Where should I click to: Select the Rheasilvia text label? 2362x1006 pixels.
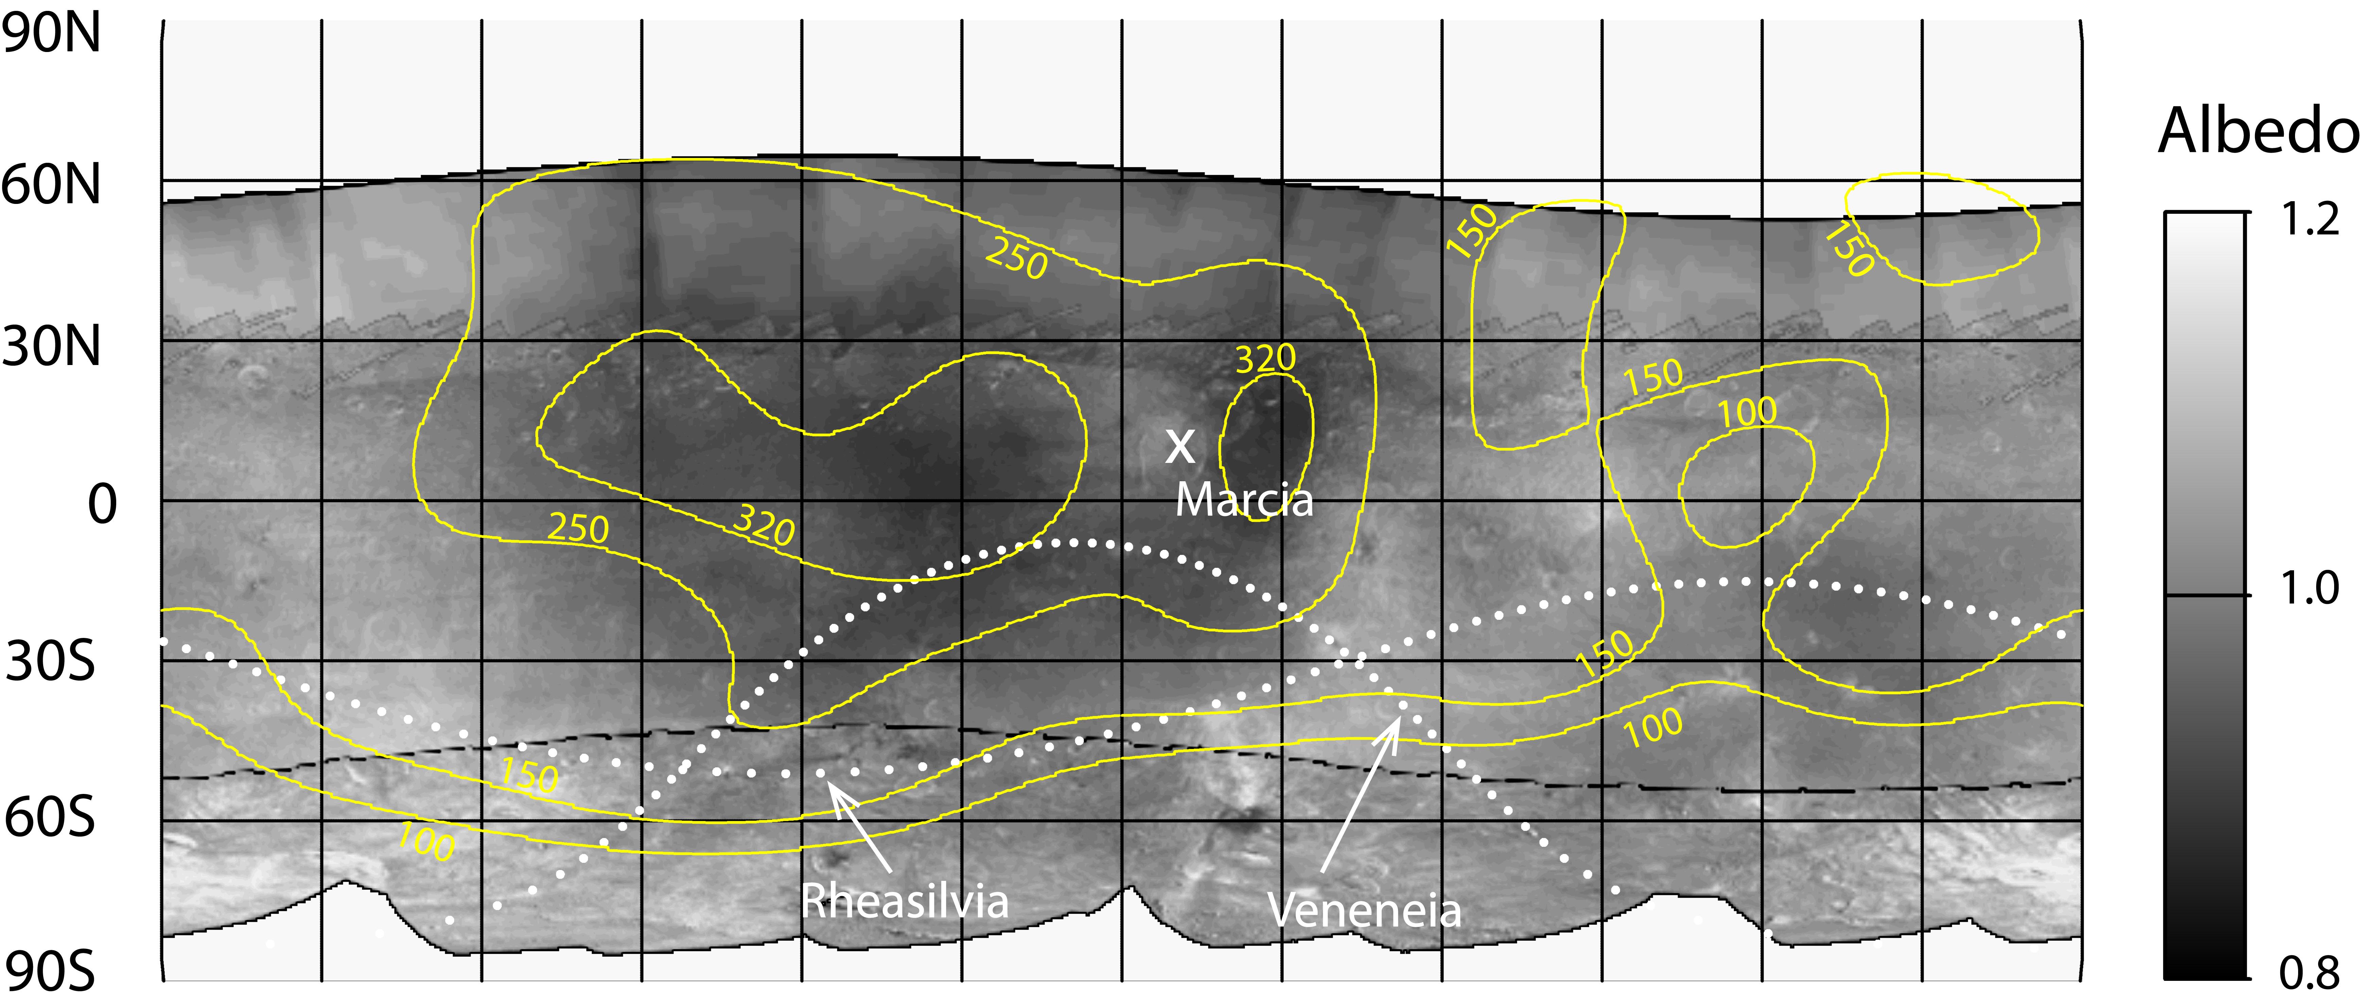pyautogui.click(x=905, y=901)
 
